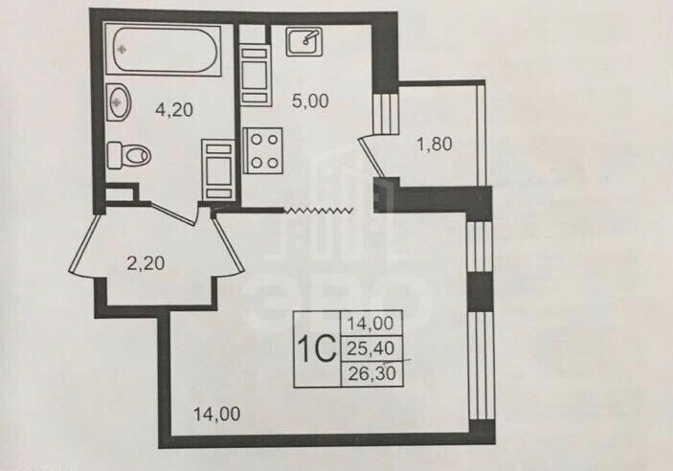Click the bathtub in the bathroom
164,50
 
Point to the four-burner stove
263,150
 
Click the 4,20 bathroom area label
175,109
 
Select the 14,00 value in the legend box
375,325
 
